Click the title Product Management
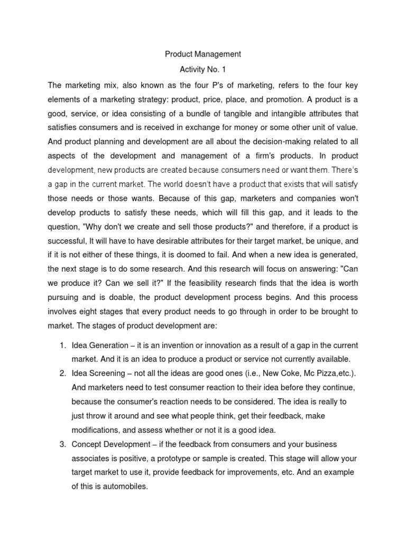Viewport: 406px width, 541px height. (x=203, y=54)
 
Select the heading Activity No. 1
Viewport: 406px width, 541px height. (x=203, y=69)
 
